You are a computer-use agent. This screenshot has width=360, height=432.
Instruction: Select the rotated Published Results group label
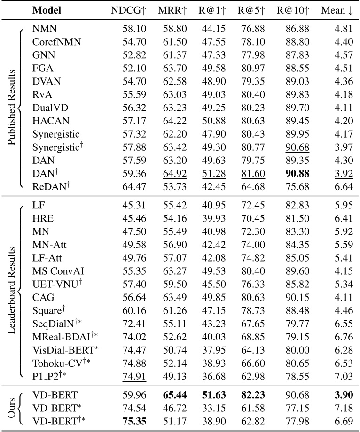tap(11, 108)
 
